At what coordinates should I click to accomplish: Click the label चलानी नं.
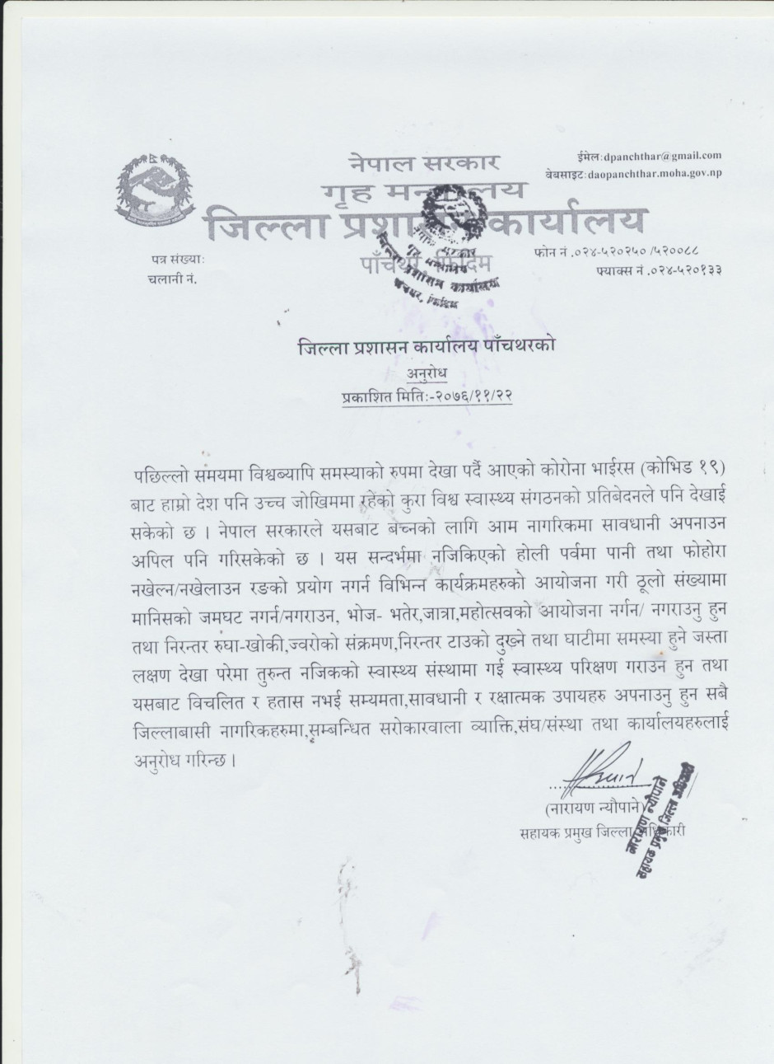pyautogui.click(x=172, y=278)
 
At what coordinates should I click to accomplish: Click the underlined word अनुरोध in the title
pyautogui.click(x=427, y=376)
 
